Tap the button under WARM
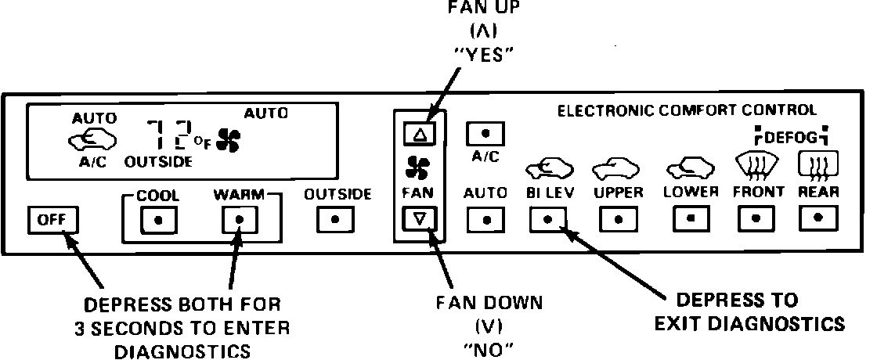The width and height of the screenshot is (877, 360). [240, 220]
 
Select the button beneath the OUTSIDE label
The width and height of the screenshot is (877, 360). [335, 220]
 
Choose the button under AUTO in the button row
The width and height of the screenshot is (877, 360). [485, 220]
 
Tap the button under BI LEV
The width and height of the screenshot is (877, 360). [548, 220]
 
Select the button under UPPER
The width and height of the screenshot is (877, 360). [618, 220]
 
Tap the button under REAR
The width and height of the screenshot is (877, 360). [818, 218]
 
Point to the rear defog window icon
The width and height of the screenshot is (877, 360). [817, 165]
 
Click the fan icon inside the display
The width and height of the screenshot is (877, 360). [230, 141]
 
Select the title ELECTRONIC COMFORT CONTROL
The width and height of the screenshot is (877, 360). [686, 111]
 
